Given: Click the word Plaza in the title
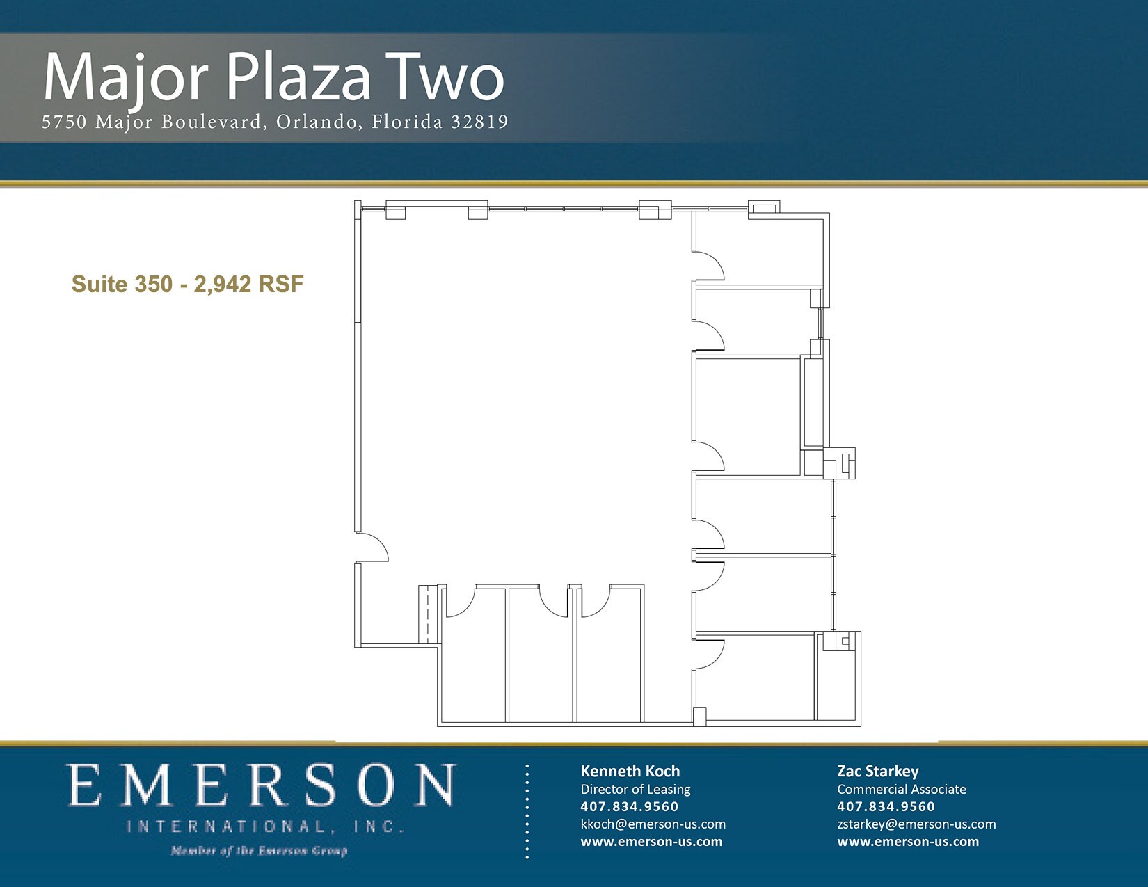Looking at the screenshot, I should coord(299,78).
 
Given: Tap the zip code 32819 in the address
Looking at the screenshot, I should coord(479,122).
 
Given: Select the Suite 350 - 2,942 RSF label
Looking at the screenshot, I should coord(187,284).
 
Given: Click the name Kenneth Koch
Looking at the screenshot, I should coord(630,771).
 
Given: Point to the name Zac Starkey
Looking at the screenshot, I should coord(877,771).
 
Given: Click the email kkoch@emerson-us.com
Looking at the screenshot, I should coord(653,824).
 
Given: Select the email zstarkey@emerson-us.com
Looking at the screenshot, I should coord(916,824).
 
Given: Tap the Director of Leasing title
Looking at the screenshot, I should coord(635,789).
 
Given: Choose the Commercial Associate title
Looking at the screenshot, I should coord(901,789).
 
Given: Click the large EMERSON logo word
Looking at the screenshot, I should coord(262,785).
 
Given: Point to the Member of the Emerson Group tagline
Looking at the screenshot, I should coord(259,850).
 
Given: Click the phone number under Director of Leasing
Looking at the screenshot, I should coord(629,806).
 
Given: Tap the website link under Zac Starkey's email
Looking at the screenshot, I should coord(907,841).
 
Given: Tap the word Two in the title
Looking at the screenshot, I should coord(445,78).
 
